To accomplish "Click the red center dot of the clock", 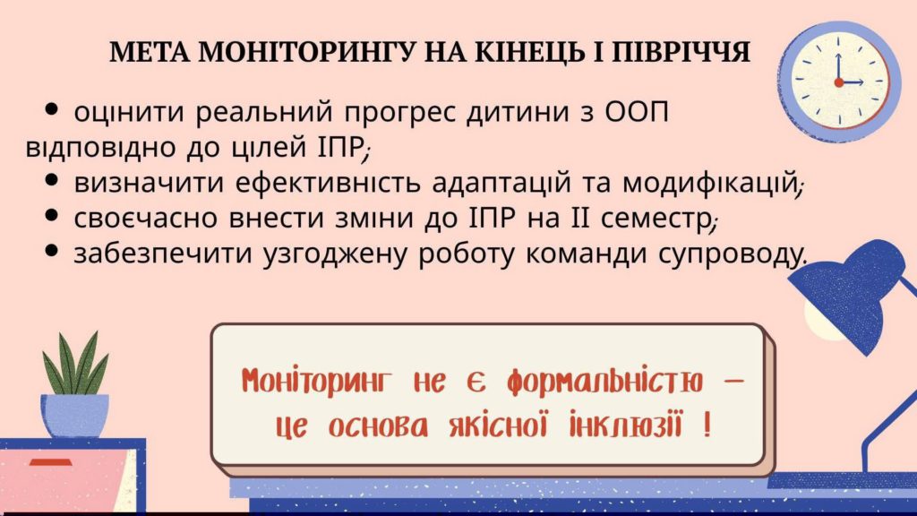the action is [838, 82].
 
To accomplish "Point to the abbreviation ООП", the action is [637, 112].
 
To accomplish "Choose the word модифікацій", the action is [709, 183].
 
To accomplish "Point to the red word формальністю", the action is [604, 383].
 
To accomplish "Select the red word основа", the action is [378, 426].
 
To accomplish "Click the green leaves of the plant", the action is [75, 364].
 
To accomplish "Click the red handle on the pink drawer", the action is [50, 462].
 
